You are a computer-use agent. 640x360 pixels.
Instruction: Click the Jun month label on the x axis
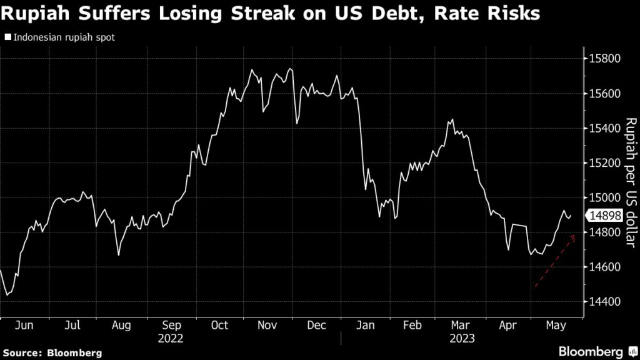point(24,326)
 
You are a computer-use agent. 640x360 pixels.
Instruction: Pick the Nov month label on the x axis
point(267,326)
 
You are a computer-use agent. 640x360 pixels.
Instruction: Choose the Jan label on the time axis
point(365,326)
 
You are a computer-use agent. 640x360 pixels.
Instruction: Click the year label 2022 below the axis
point(171,338)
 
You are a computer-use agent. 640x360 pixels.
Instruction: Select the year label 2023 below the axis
point(462,338)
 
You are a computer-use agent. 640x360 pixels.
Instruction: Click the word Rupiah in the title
point(37,13)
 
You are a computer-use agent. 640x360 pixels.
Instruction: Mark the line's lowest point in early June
point(7,295)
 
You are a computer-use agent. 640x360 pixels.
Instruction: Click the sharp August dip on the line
point(118,255)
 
